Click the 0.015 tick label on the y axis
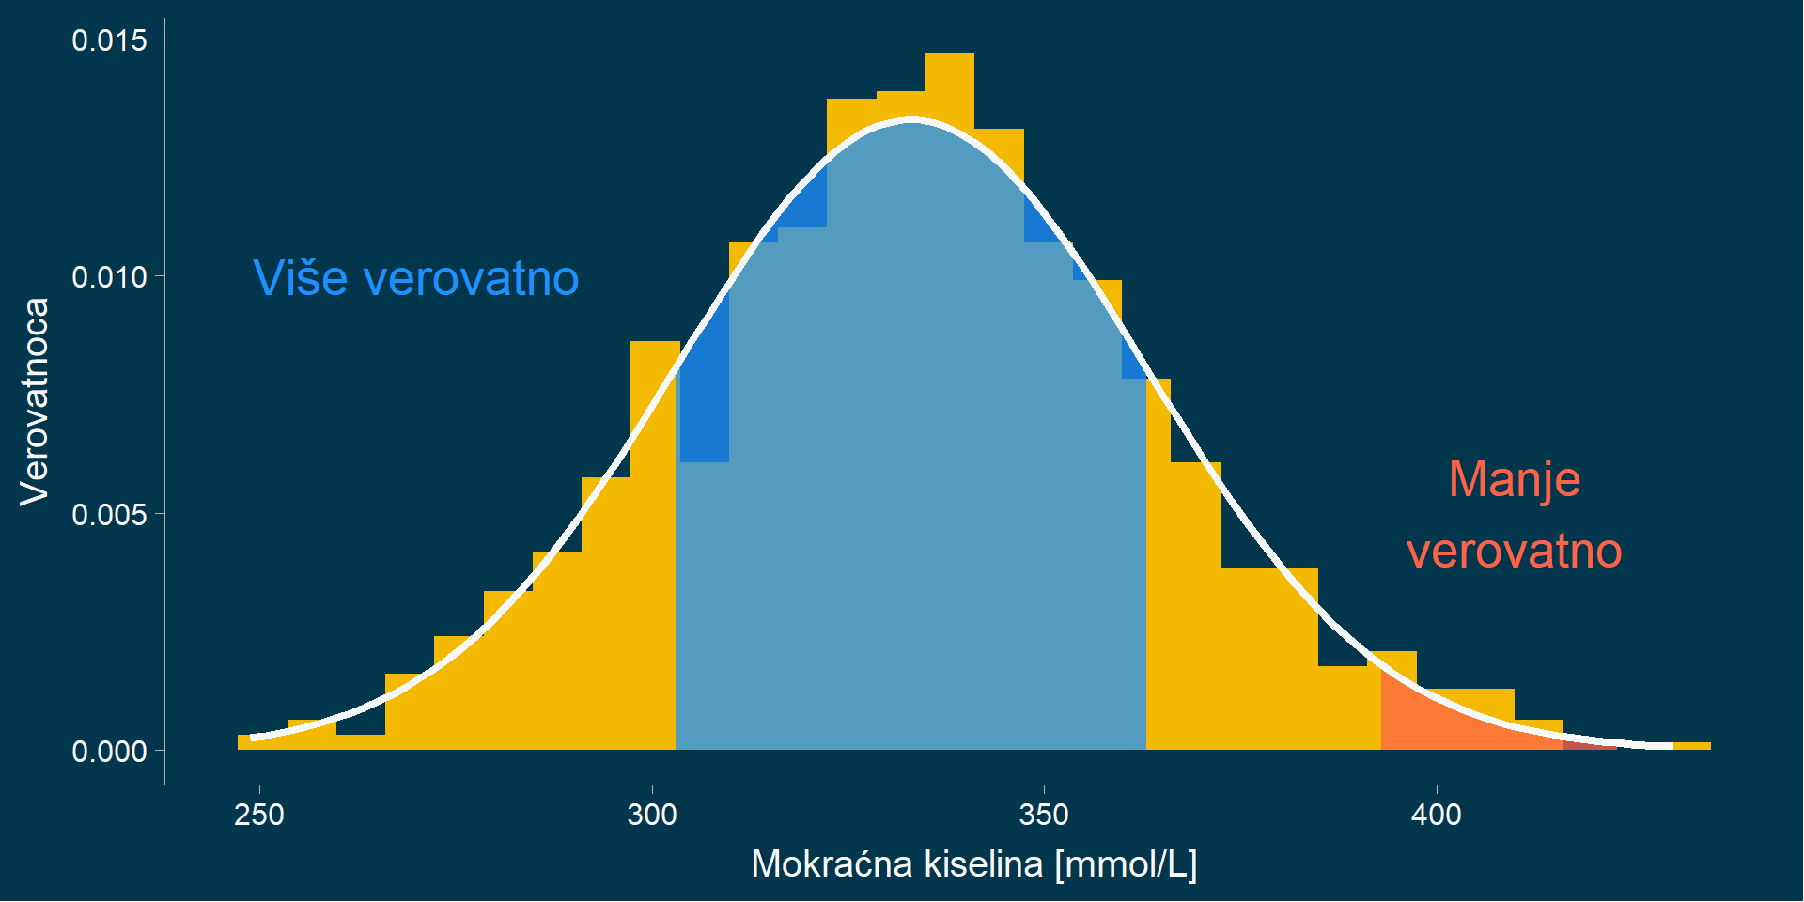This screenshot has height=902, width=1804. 109,40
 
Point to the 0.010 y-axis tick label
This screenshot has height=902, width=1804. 109,277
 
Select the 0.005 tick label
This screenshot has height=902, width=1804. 109,515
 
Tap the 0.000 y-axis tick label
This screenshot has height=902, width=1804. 109,752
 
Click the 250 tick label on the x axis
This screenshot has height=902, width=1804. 259,815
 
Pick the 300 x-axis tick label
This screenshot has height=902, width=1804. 652,815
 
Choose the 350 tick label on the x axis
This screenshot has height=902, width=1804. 1044,815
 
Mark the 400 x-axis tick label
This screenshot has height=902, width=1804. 1436,815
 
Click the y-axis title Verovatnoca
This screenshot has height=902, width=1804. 35,401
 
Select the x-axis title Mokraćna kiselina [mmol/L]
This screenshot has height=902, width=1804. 973,863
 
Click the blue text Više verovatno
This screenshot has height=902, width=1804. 416,278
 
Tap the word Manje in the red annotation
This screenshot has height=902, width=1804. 1514,479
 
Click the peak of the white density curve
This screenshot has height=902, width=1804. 910,119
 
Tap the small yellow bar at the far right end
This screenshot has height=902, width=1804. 1691,746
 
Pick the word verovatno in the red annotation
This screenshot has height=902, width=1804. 1514,551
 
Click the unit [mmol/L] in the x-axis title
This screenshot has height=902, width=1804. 1126,863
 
